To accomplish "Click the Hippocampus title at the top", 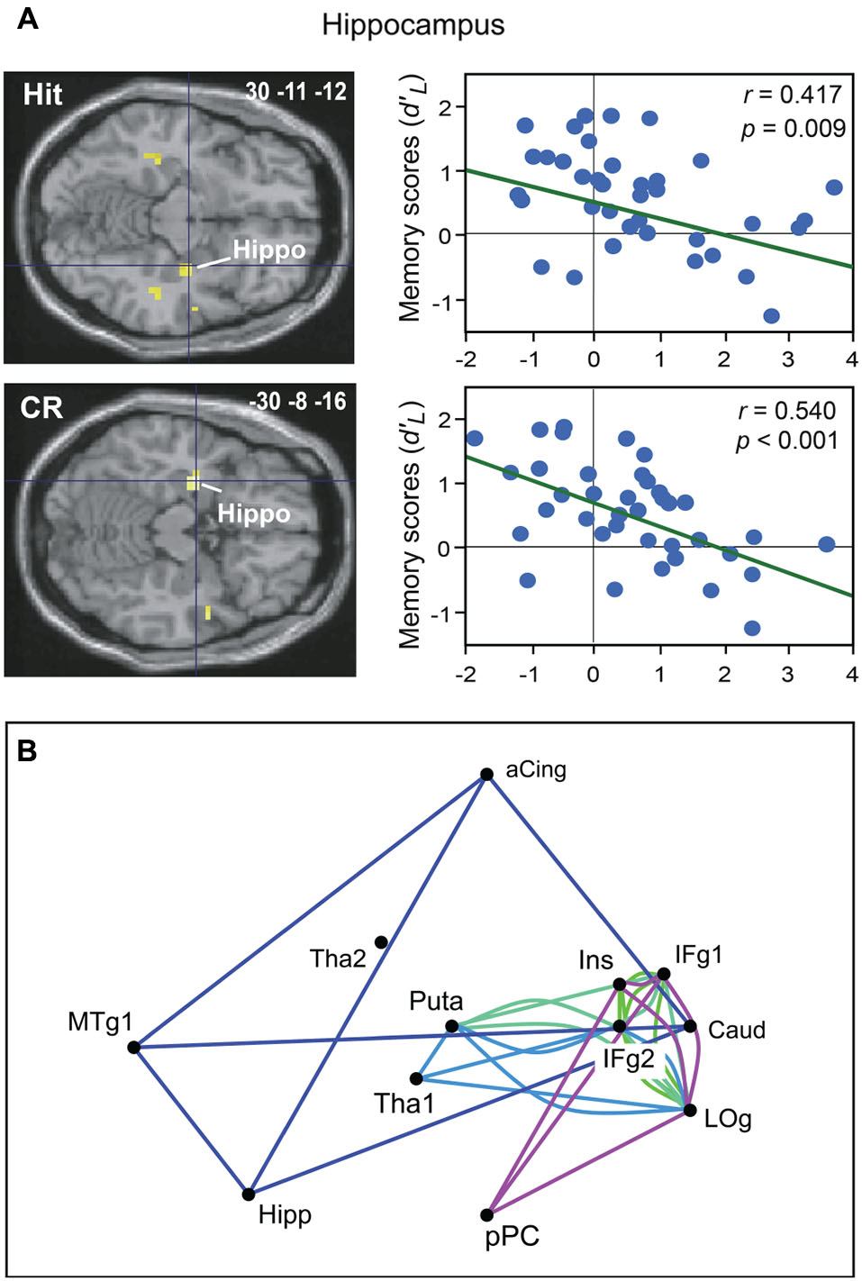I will (x=413, y=24).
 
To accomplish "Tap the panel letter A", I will (x=27, y=18).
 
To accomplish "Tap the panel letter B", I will (x=27, y=750).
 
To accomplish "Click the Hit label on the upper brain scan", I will (x=42, y=95).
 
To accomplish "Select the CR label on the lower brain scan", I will (x=41, y=407).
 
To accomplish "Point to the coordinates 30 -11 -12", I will (x=295, y=91).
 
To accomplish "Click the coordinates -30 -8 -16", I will (x=297, y=402).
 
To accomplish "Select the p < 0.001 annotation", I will (x=787, y=441).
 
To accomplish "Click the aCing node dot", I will (x=486, y=774).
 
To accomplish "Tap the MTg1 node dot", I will (x=133, y=1047).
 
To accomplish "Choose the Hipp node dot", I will (x=248, y=1195).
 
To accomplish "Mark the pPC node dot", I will (x=486, y=1215).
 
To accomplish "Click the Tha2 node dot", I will (x=381, y=942).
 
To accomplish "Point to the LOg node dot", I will (x=689, y=1110).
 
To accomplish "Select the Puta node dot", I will (x=452, y=1026).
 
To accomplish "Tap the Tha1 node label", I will (x=404, y=1104).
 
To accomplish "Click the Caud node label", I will (x=736, y=1030).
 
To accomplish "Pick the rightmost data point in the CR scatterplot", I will (x=826, y=544).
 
